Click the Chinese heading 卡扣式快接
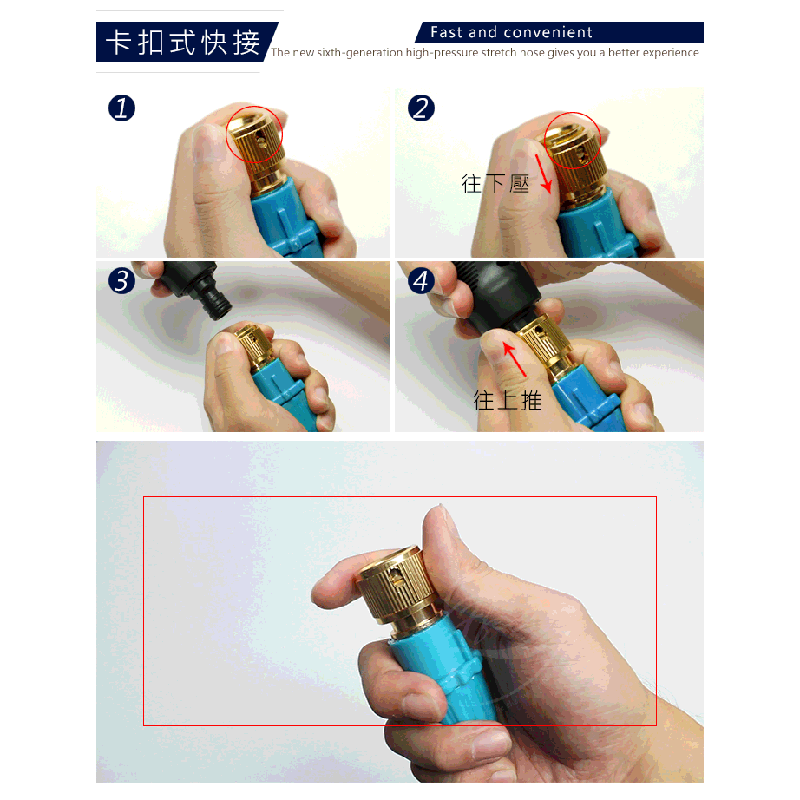183,43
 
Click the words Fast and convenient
511,32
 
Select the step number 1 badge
122,108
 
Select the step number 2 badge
421,108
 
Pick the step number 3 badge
122,280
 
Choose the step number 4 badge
421,280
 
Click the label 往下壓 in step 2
495,184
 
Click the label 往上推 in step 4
507,400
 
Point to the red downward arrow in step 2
544,174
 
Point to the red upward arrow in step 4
515,359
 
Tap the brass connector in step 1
257,149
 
